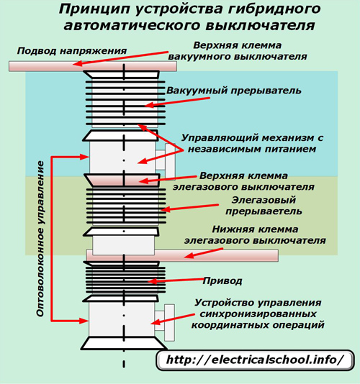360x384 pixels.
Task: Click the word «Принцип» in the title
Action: click(x=94, y=10)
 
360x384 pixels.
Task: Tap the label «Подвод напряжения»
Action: click(x=72, y=51)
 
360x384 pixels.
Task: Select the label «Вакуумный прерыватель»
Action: click(x=234, y=91)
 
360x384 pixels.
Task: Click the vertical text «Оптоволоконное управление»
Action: click(x=41, y=239)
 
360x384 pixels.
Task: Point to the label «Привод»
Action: click(x=222, y=281)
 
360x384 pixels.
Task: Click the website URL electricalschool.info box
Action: click(x=256, y=360)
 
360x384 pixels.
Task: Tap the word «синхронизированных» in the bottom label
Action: click(x=258, y=314)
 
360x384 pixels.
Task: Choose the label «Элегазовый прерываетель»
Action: click(x=264, y=206)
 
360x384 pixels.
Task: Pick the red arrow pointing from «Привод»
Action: click(x=176, y=280)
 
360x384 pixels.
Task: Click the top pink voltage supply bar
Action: click(x=93, y=66)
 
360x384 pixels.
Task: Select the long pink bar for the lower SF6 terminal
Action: click(x=182, y=255)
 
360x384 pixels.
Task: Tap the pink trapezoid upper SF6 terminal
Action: click(x=122, y=180)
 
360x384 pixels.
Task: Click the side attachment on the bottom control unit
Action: click(x=165, y=323)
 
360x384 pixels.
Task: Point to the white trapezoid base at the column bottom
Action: click(x=124, y=343)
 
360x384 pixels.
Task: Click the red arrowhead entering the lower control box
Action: click(x=84, y=320)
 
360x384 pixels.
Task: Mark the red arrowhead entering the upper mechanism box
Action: click(x=84, y=157)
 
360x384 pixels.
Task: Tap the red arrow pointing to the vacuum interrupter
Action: click(x=177, y=102)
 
